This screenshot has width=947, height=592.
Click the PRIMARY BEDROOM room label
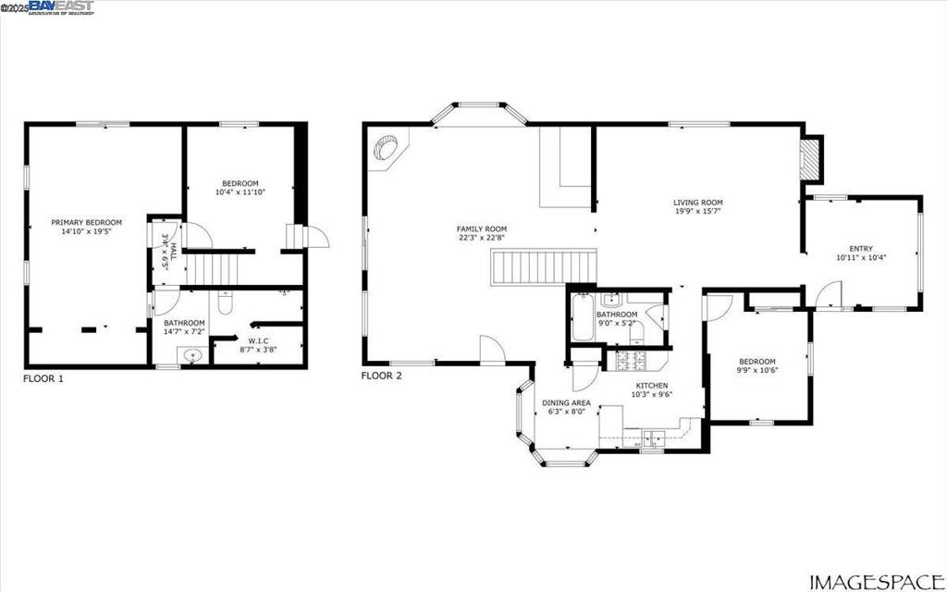click(86, 222)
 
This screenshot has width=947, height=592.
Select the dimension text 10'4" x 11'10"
click(240, 192)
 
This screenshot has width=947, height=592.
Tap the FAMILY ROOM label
click(482, 228)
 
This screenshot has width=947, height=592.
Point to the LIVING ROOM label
click(697, 203)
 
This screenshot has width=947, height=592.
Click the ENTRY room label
click(861, 248)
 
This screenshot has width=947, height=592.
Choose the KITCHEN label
click(651, 386)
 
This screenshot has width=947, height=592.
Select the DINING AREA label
click(566, 403)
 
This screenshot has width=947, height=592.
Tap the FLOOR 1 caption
click(43, 378)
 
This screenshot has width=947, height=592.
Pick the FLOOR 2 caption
click(382, 376)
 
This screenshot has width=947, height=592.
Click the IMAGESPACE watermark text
click(874, 581)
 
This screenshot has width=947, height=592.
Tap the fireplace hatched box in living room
click(810, 159)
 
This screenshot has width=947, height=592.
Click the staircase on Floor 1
click(214, 269)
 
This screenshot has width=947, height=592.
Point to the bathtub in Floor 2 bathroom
click(583, 318)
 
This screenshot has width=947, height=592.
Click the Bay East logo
click(61, 7)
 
